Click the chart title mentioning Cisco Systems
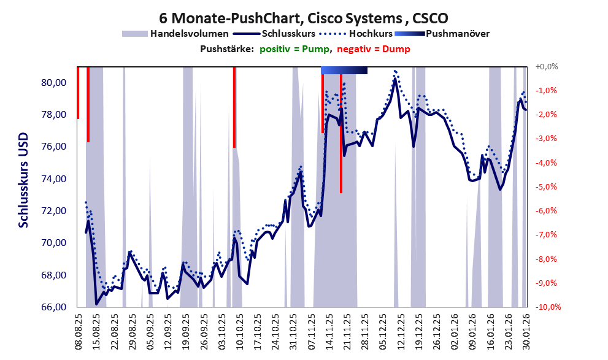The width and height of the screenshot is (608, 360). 303,17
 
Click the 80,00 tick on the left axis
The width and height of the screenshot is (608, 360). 55,83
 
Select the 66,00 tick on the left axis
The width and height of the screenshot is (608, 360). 55,307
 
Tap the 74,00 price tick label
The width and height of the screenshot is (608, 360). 55,179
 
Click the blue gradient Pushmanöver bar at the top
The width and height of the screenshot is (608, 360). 344,71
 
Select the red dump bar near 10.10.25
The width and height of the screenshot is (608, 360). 234,107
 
